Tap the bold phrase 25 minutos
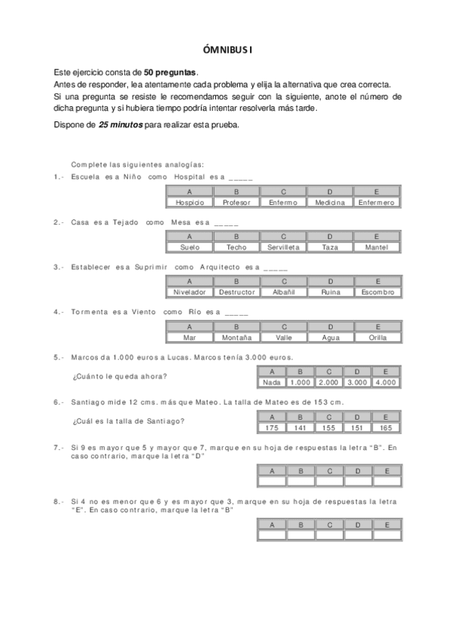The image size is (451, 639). click(x=120, y=124)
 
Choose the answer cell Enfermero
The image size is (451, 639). click(x=376, y=203)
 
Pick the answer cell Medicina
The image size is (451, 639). click(x=330, y=203)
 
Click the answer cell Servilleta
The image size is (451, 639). click(x=283, y=247)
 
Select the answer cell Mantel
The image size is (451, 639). click(x=376, y=247)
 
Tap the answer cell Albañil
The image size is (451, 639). click(x=283, y=292)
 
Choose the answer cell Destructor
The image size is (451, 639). click(x=236, y=292)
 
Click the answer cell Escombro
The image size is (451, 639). click(x=376, y=292)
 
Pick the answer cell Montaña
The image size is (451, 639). click(x=236, y=338)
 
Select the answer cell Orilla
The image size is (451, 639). click(x=376, y=338)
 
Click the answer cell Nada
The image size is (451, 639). click(x=271, y=383)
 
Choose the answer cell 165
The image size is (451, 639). click(x=385, y=427)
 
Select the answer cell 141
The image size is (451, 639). click(x=300, y=427)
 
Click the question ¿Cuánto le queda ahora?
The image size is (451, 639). click(x=120, y=376)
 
